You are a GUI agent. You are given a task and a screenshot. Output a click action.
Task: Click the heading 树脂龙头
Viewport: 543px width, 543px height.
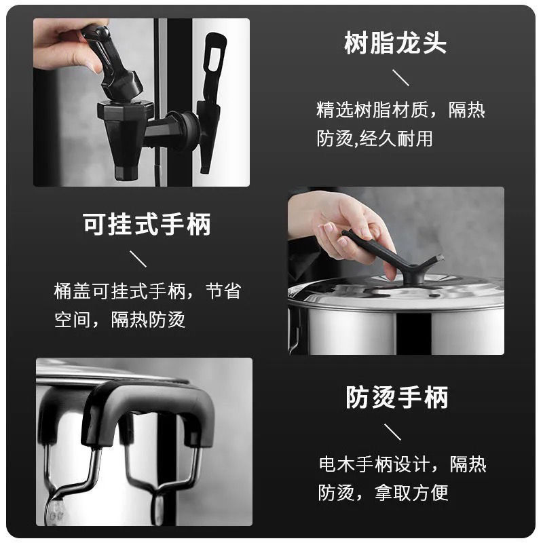[395, 43]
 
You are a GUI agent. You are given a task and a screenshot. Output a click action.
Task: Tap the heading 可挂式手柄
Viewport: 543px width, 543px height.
[147, 225]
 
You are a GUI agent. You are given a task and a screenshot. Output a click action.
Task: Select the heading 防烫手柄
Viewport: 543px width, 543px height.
[397, 397]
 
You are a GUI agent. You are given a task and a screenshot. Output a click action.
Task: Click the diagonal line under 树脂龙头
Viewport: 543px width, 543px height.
[400, 77]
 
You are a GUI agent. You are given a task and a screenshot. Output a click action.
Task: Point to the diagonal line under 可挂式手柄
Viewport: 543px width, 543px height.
[138, 259]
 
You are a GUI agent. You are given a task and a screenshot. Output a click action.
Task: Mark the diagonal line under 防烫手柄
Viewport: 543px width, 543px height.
[392, 432]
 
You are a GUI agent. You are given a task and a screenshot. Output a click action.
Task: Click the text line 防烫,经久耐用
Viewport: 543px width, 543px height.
[375, 138]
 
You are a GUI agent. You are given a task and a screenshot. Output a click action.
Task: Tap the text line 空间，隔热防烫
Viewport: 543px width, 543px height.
[120, 319]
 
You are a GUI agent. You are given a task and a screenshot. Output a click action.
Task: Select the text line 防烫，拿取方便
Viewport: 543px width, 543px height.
[383, 493]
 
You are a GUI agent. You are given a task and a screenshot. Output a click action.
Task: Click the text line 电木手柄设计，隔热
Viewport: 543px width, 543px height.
[402, 464]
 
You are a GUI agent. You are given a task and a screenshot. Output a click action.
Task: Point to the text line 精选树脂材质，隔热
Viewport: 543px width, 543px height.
[400, 110]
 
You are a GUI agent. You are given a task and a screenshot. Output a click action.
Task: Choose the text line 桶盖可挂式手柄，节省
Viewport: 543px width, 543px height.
[147, 291]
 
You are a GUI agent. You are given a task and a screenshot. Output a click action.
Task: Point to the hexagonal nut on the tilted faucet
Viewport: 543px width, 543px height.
[126, 110]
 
